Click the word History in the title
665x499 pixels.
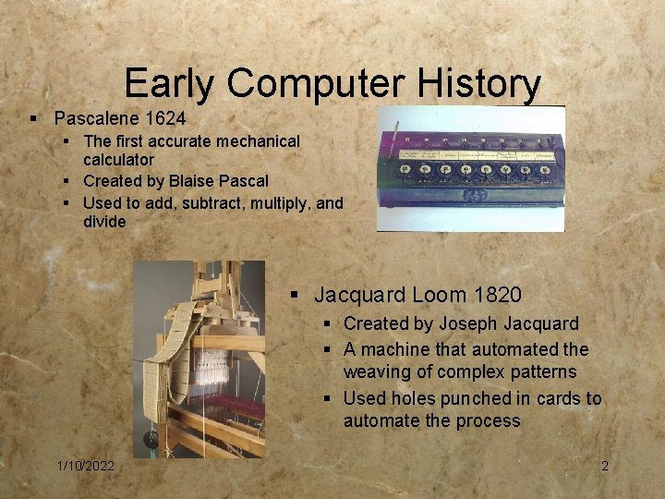point(479,84)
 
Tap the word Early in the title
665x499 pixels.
point(170,84)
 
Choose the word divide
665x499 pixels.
point(104,222)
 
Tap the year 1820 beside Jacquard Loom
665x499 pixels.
point(497,296)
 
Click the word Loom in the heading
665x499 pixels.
point(439,296)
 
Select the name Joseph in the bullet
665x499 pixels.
point(467,324)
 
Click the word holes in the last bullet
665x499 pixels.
point(407,399)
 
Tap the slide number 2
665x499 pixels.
point(605,466)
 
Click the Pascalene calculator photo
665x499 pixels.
point(471,168)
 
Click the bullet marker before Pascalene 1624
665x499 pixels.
point(33,119)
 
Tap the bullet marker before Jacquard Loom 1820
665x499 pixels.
point(294,296)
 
